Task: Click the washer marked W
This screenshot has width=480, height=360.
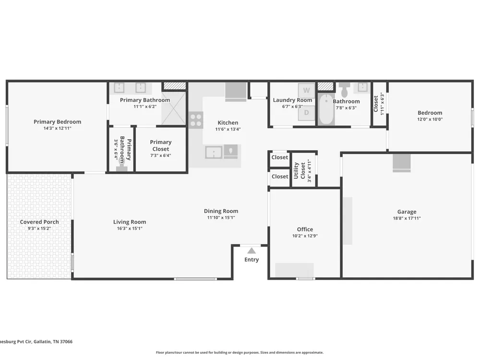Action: coord(306,90)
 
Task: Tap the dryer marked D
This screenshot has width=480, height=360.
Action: coord(306,113)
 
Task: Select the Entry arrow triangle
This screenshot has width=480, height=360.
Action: coord(252,251)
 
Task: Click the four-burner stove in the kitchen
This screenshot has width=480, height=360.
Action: coord(196,120)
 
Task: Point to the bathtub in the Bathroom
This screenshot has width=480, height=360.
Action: coord(326,109)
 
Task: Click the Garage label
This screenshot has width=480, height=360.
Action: coord(407,212)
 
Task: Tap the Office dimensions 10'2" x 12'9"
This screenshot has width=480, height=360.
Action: coord(305,236)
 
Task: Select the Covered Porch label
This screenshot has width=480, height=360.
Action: coord(39,222)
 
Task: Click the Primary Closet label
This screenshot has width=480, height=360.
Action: coord(161,145)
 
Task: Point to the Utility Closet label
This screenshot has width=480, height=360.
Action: coord(300,170)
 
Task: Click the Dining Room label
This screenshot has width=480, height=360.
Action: coord(221,211)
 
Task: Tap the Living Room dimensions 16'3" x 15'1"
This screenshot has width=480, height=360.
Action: coord(130,228)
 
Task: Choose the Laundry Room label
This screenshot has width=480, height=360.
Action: coord(292,100)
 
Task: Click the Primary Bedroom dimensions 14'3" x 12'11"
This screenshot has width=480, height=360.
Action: coord(57,128)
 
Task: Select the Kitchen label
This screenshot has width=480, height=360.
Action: coord(228,122)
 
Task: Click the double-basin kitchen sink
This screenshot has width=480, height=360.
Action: coord(214,152)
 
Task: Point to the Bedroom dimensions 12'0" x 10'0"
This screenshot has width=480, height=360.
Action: coord(430,120)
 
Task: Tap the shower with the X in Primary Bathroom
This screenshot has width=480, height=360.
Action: coord(174,108)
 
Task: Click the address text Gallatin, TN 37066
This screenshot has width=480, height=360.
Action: coord(53,342)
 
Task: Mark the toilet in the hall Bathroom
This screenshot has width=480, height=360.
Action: coord(345,89)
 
